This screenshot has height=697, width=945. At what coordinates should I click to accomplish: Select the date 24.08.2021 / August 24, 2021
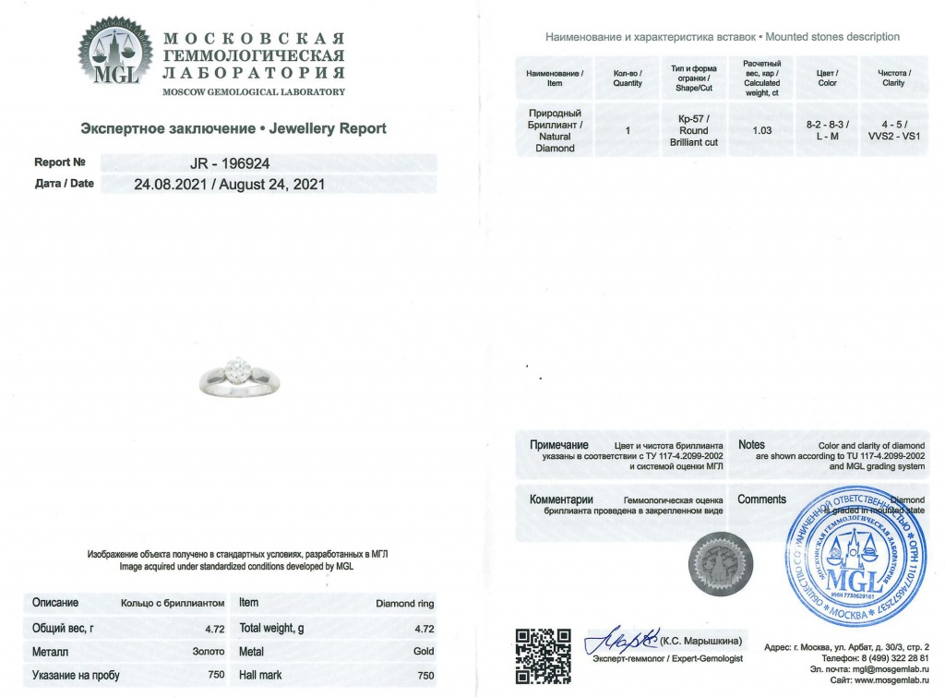(230, 184)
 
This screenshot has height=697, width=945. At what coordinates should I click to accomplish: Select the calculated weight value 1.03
(762, 130)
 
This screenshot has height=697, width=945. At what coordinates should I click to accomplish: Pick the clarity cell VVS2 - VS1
(893, 130)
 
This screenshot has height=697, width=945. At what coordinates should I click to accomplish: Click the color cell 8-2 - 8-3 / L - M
(827, 130)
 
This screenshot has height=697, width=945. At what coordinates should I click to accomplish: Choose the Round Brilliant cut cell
(692, 130)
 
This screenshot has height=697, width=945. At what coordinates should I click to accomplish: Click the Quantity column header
(628, 78)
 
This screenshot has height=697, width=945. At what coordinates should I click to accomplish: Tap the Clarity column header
(893, 78)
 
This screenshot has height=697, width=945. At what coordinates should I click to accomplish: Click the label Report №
(60, 162)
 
